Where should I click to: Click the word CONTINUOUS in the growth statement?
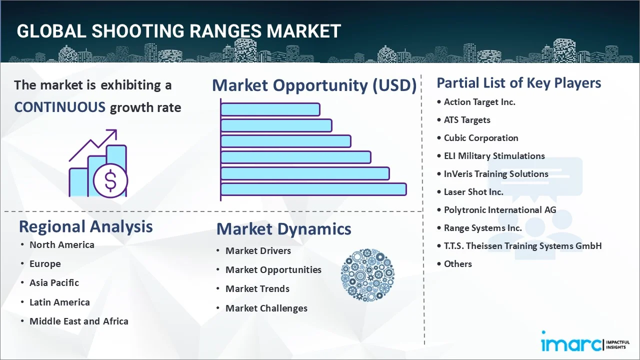59,107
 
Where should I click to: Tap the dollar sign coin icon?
110,180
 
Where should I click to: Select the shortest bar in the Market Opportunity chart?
270,109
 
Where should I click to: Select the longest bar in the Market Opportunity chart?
313,189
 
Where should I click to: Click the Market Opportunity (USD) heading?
314,85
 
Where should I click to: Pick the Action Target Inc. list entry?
479,102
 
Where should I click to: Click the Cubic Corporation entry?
480,138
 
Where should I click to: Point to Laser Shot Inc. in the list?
473,192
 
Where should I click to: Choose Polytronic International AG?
499,210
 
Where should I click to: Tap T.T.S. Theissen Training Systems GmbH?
522,246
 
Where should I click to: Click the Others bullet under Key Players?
457,264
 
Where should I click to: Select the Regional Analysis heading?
85,226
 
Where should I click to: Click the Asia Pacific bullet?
54,283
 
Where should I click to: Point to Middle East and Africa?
78,321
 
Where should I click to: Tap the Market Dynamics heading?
283,229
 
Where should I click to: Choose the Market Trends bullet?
257,289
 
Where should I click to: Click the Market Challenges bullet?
266,308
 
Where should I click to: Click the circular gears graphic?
367,275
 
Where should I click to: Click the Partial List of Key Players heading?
518,83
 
